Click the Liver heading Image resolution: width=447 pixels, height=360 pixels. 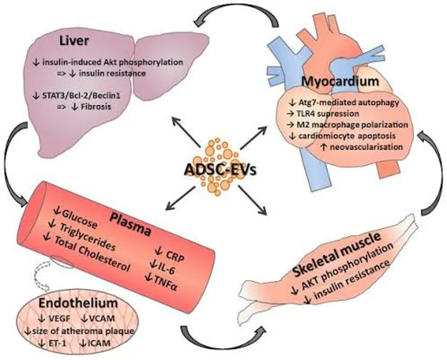click(74, 41)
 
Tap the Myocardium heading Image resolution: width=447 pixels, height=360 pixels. click(340, 81)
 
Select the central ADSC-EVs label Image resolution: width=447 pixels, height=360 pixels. click(221, 170)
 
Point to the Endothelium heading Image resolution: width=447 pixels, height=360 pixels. click(78, 303)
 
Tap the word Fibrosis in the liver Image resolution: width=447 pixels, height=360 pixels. click(95, 107)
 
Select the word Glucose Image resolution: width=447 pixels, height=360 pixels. click(80, 219)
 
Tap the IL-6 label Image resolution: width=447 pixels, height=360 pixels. click(166, 269)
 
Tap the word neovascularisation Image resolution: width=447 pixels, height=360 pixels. click(366, 147)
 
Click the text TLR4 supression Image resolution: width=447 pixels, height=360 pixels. click(328, 114)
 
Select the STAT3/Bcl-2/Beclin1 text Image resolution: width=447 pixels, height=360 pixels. click(81, 95)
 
